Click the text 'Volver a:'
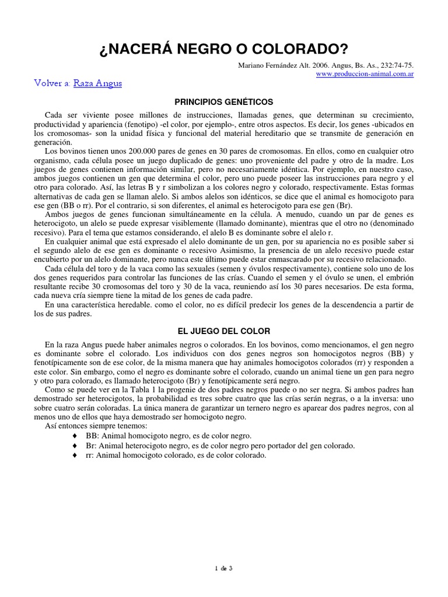(52, 83)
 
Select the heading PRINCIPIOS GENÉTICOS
(224, 101)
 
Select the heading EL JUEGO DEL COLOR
(224, 331)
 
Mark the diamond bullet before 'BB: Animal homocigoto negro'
(74, 436)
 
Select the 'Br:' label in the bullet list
(92, 445)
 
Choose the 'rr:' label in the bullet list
(91, 455)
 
